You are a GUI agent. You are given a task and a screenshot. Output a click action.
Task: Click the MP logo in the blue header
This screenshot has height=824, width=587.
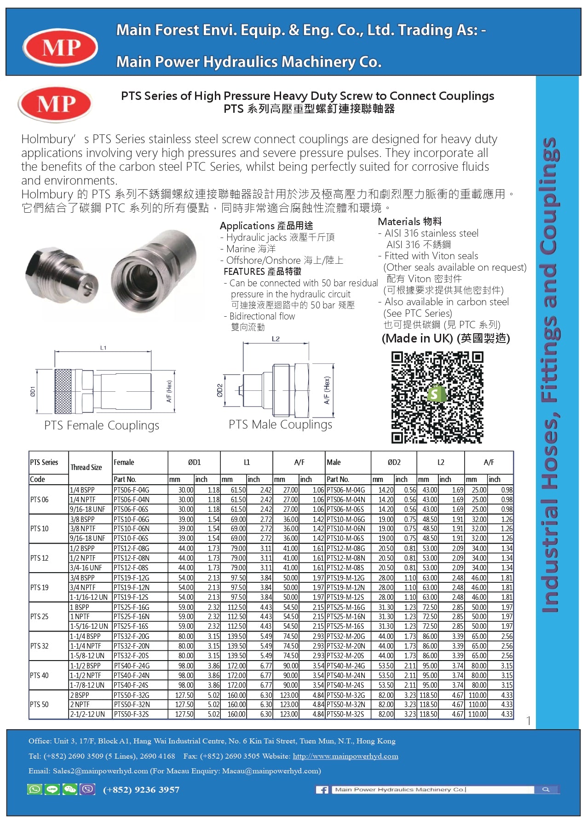coord(60,47)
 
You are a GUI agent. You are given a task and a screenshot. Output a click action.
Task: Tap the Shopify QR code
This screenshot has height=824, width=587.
coord(437,397)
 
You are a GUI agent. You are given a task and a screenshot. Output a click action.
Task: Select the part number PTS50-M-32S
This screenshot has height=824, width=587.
coord(345,714)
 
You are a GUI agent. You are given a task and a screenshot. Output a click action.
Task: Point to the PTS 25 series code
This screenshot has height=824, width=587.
coord(40,616)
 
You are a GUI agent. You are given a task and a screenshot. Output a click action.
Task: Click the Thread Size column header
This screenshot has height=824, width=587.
coord(86,467)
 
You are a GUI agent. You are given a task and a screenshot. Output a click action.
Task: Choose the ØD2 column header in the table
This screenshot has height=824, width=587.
coord(394,462)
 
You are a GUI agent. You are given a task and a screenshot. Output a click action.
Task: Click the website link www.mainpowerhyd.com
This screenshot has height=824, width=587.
coord(345,756)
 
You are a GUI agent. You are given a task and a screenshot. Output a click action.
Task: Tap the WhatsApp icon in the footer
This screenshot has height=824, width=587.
coord(35,789)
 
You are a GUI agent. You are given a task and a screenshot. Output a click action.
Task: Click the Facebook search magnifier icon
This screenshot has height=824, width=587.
coord(546,789)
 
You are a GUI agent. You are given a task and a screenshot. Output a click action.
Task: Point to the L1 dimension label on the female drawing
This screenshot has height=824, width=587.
coord(103,348)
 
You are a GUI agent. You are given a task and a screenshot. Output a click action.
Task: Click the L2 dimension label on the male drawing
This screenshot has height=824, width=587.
coord(276,339)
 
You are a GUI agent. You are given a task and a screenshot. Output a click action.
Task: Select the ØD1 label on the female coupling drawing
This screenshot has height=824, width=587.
coord(33,392)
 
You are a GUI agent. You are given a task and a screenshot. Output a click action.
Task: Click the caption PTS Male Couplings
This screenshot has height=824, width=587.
coord(280,424)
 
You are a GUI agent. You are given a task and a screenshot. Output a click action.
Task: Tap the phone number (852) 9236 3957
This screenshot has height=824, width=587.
coord(141,790)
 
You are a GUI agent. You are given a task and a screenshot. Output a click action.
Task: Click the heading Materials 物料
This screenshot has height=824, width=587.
coord(409,221)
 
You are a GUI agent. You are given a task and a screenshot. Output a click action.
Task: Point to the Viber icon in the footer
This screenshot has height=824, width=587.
coord(87,789)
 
